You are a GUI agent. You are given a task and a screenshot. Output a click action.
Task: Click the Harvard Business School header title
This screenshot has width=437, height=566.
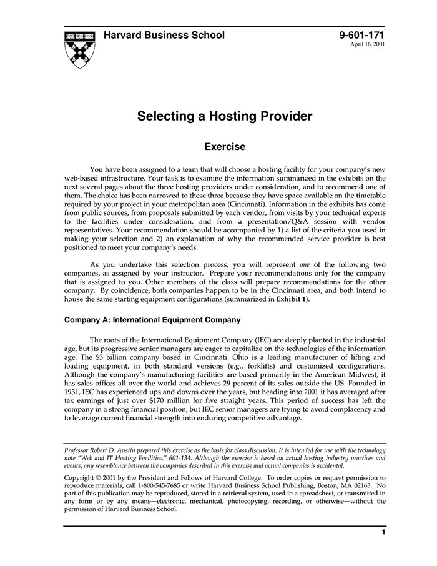(x=164, y=36)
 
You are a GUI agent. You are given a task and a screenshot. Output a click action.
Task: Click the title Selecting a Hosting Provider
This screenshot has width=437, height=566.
(x=225, y=116)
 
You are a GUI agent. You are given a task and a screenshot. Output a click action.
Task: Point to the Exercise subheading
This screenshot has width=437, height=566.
(x=225, y=147)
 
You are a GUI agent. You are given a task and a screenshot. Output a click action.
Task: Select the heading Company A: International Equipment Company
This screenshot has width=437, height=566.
(x=152, y=320)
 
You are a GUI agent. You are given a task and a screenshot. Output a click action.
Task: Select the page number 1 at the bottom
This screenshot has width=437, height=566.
(x=383, y=532)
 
